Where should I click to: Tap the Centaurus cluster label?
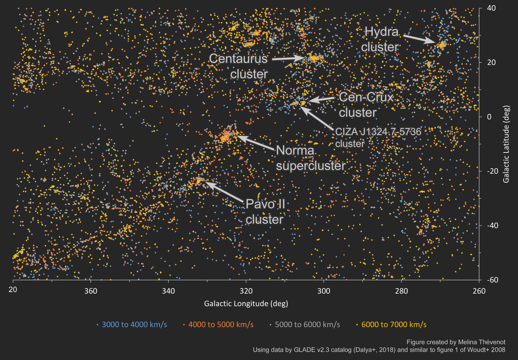coord(239,66)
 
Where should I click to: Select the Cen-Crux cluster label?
coord(366,105)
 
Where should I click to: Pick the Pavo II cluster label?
coord(265,212)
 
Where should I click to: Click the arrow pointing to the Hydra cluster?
coord(419,38)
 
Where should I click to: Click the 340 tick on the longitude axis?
coord(168,291)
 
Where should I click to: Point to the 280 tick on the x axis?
coord(401,291)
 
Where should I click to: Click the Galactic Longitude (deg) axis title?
coord(246,304)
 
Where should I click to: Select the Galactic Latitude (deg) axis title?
coord(506,144)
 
